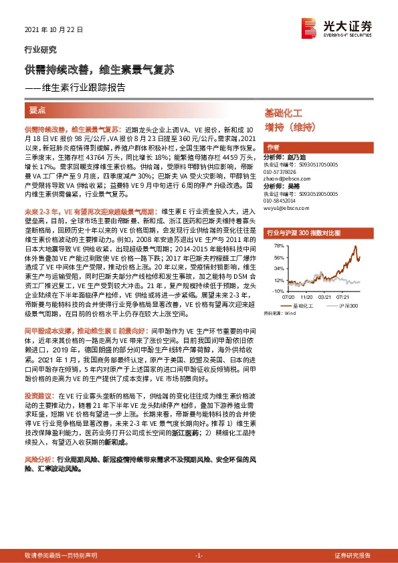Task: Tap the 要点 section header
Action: tap(37, 109)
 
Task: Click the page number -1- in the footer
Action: tap(198, 556)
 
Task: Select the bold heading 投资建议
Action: tap(37, 395)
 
